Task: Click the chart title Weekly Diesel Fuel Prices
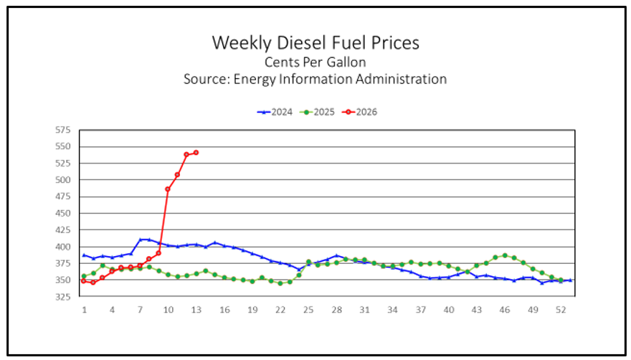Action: coord(315,43)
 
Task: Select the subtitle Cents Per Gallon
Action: coord(315,62)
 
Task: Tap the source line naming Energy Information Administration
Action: coord(315,79)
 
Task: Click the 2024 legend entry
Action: coord(275,111)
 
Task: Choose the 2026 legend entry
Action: coord(359,111)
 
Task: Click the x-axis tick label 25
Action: coord(308,310)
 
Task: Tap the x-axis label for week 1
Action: coord(84,310)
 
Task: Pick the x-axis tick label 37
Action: coord(421,310)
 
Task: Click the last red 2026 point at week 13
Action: coord(196,153)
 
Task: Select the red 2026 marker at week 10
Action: coord(168,189)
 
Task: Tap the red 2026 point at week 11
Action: coord(177,175)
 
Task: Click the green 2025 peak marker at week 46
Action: coord(505,255)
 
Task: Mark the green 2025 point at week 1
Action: coord(84,276)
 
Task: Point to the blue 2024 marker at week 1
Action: coord(84,255)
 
